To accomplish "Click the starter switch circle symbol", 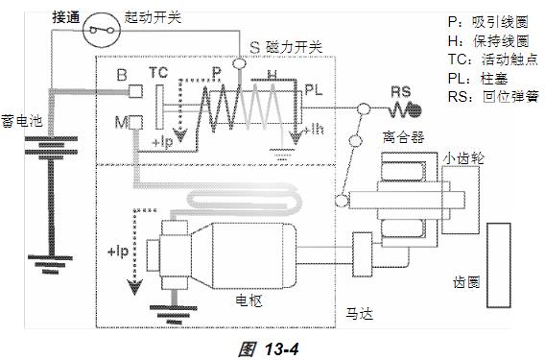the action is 102,30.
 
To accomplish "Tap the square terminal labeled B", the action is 135,91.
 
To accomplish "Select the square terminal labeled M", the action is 135,123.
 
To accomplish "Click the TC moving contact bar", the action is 159,108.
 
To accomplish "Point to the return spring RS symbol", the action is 405,110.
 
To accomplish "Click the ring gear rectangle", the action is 498,265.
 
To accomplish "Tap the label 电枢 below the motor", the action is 249,300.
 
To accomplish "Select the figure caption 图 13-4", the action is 269,348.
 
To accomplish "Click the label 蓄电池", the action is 21,121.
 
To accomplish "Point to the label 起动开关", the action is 153,17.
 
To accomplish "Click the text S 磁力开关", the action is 286,47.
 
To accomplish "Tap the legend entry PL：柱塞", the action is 478,79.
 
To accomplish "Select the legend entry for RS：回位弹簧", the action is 493,96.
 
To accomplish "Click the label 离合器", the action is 403,137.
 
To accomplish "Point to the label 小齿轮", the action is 463,158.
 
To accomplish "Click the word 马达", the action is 360,313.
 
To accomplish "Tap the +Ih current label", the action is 314,131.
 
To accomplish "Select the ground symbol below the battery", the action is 51,264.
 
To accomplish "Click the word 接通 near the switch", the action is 66,17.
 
